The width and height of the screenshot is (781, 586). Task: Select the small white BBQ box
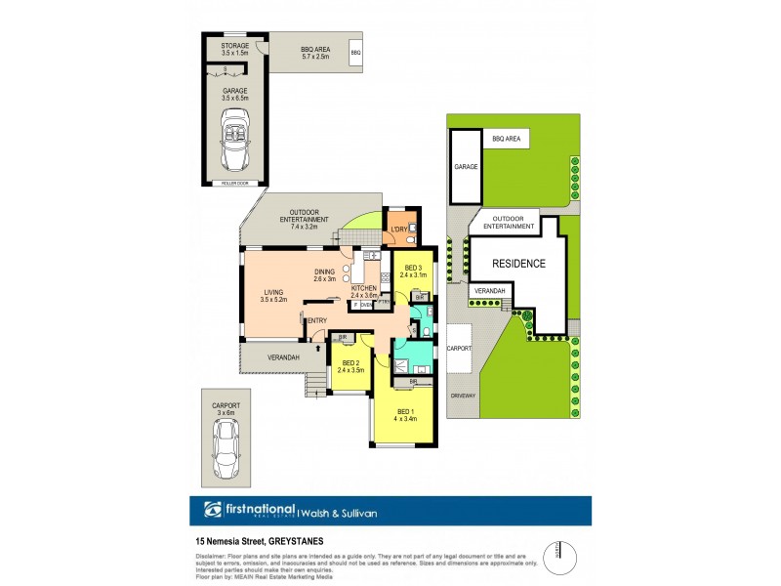click(x=356, y=52)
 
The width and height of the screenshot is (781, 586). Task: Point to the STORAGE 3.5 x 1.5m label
click(x=234, y=50)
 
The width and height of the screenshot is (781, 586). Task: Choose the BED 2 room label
click(x=349, y=366)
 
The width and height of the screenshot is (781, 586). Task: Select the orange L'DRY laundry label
click(x=398, y=230)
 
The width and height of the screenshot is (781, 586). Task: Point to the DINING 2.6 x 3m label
click(x=324, y=274)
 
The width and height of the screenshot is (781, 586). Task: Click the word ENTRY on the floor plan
click(x=317, y=320)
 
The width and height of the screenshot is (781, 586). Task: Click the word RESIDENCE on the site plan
click(x=517, y=264)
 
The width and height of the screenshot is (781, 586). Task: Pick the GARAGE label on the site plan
click(x=466, y=167)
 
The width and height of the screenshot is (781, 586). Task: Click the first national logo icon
click(x=210, y=510)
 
